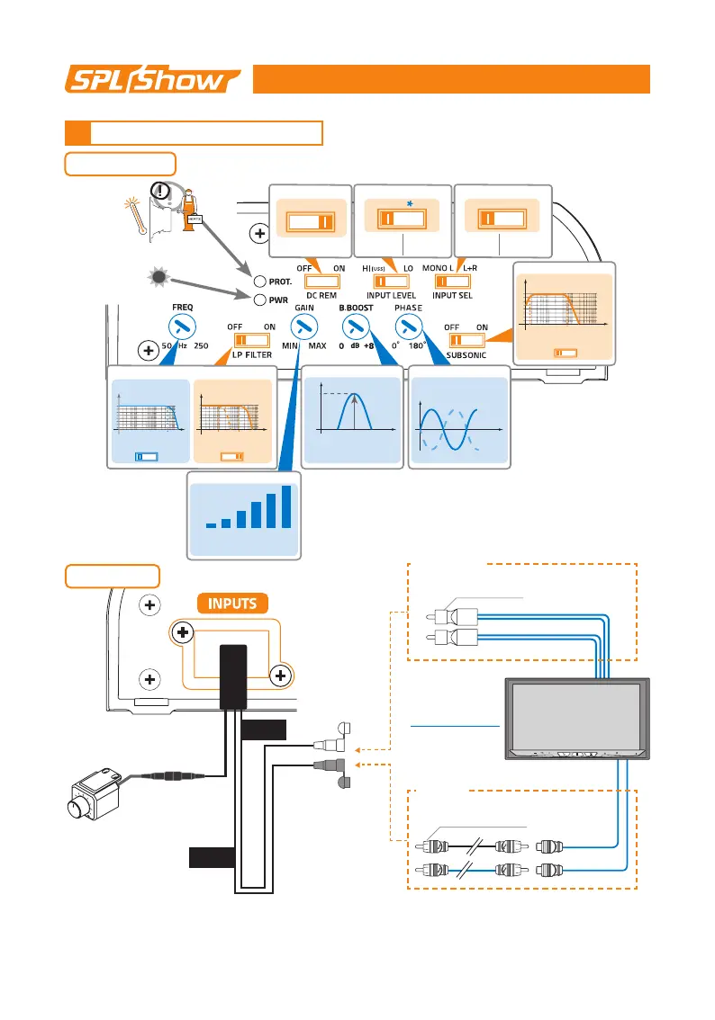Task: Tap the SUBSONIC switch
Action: pos(466,340)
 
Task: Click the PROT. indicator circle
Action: pos(259,282)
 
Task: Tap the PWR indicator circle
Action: pos(259,300)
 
